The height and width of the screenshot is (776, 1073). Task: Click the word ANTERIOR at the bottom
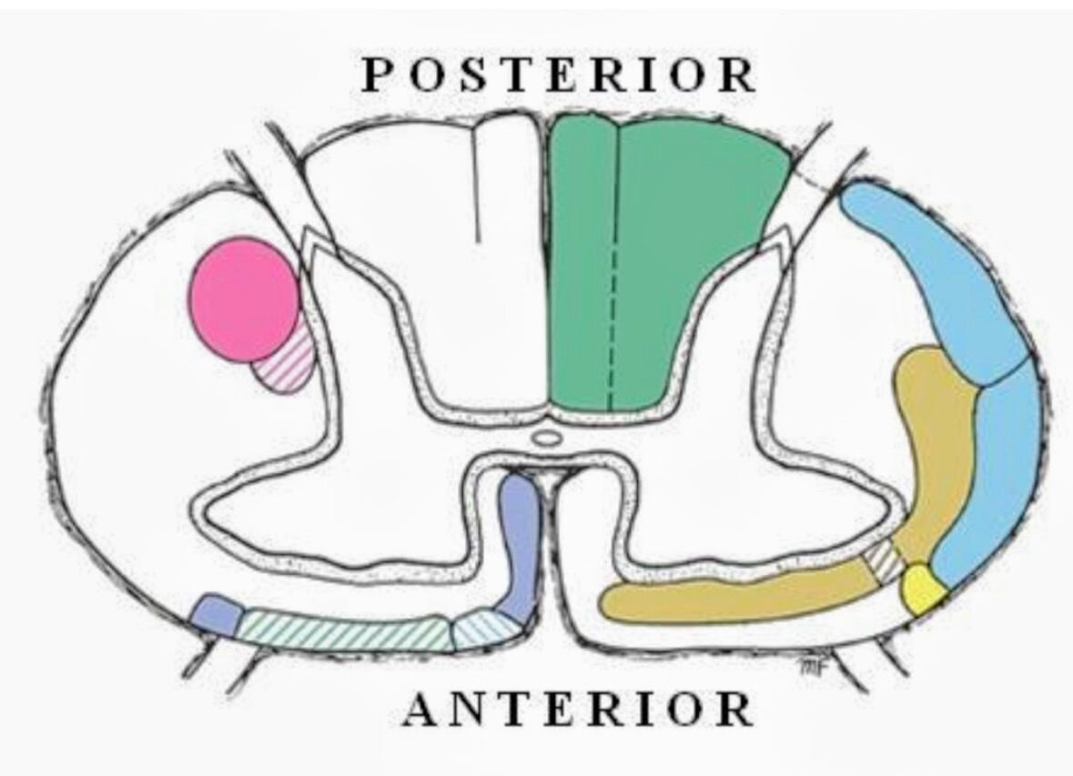point(578,709)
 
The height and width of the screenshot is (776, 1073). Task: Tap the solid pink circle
point(245,298)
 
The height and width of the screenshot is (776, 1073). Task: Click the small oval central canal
point(545,438)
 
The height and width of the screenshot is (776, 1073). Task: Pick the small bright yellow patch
point(923,588)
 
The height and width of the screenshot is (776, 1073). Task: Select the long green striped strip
point(345,630)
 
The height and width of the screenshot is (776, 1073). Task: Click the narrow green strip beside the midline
point(582,267)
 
